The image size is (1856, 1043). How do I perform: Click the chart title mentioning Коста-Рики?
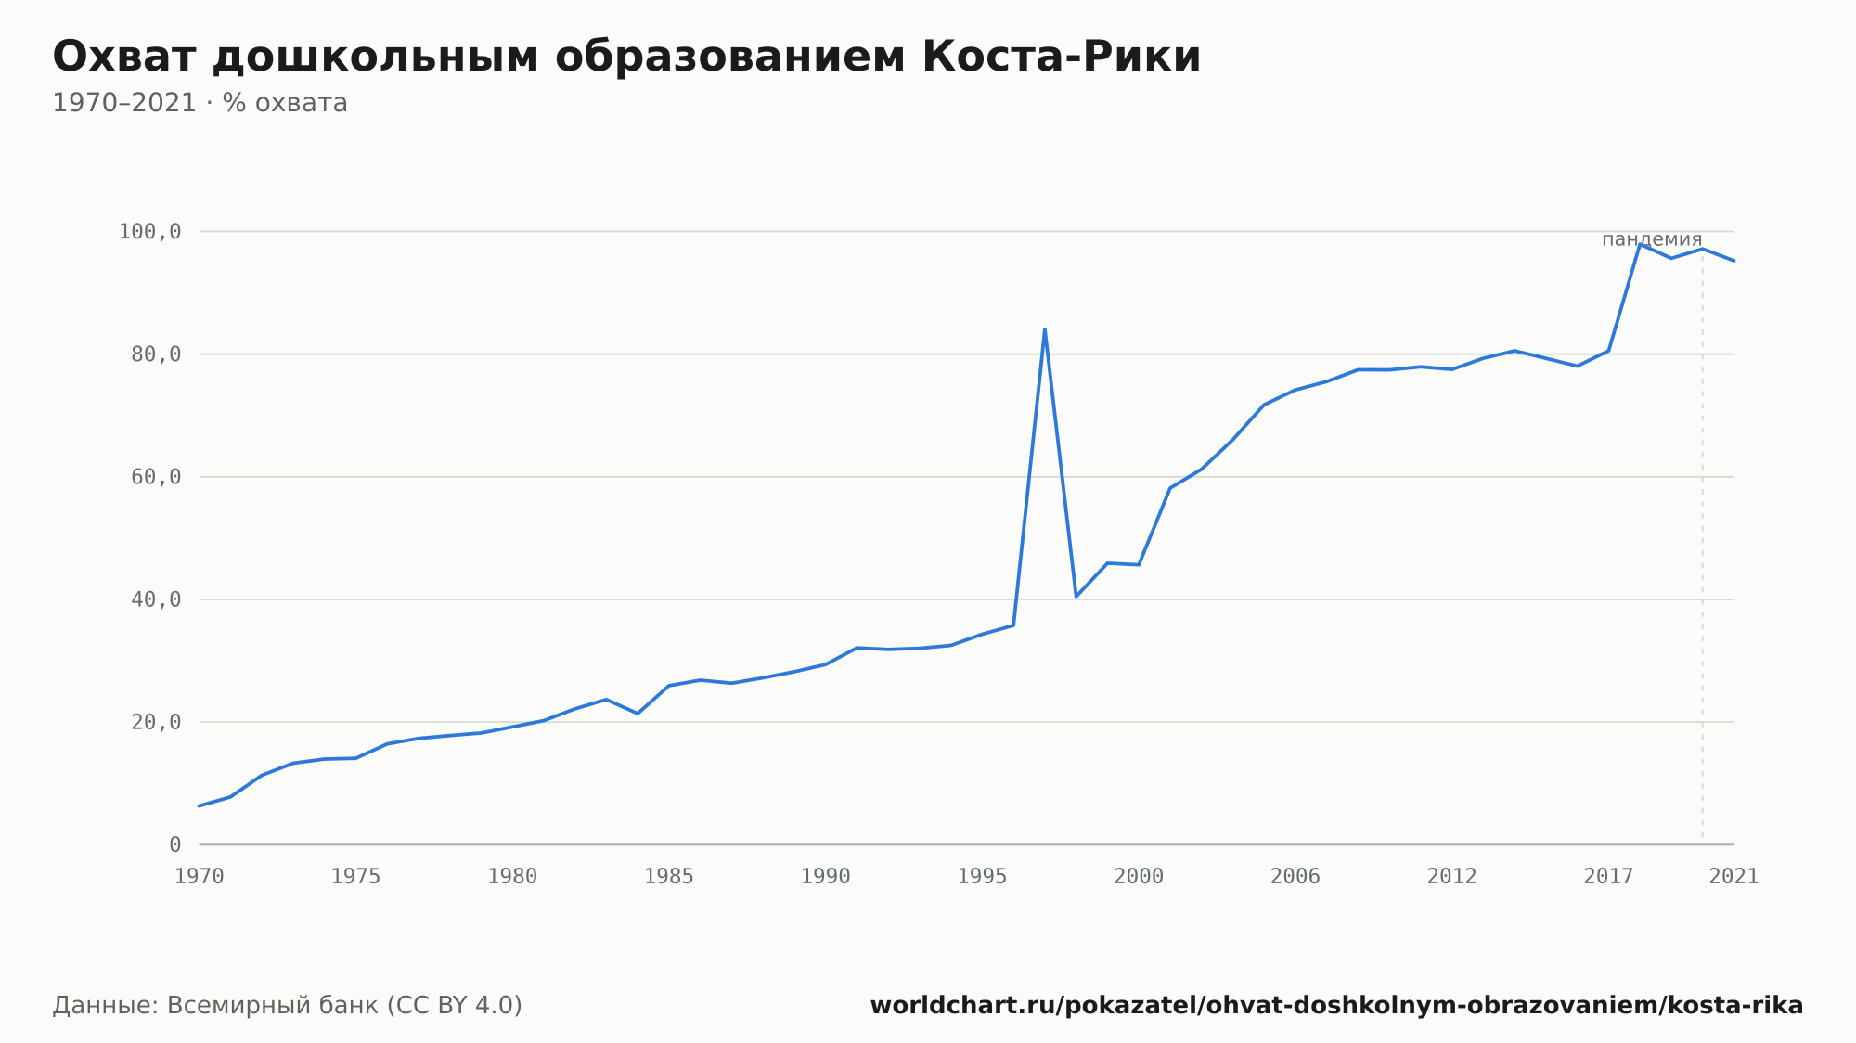coord(626,57)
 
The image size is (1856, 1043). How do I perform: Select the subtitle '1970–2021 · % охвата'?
coord(200,103)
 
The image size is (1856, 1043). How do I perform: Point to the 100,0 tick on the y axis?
coord(149,231)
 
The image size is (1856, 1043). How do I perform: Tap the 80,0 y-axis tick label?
coord(156,354)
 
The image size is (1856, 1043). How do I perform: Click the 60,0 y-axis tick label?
coord(156,477)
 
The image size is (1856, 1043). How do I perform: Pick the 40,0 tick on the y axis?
coord(156,599)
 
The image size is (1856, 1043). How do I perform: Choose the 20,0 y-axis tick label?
coord(156,722)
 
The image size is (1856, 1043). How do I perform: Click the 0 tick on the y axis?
coord(175,844)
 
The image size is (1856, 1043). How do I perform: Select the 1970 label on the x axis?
coord(200,877)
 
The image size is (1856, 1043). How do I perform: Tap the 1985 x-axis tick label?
coord(669,877)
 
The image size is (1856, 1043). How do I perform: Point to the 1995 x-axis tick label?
coord(982,877)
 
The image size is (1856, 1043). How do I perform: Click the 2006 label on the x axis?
coord(1295,877)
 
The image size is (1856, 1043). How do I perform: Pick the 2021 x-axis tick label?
coord(1734,877)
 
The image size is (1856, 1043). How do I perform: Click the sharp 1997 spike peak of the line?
coord(1045,329)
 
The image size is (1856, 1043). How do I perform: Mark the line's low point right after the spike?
coord(1076,596)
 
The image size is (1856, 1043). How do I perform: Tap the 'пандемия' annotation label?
coord(1652,239)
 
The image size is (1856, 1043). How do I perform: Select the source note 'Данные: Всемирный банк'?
coord(287,1006)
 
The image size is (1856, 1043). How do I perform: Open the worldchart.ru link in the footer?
coord(1336,1006)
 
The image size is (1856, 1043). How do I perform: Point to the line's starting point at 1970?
coord(200,805)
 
